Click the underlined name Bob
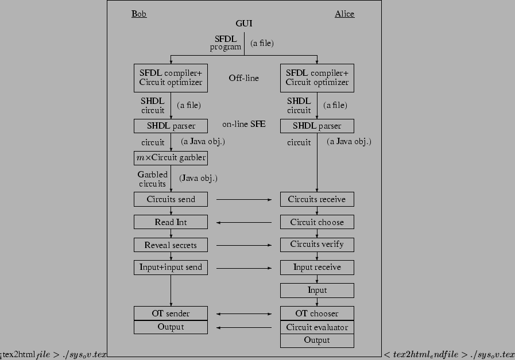(x=139, y=14)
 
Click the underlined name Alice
(x=344, y=14)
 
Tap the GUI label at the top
(x=244, y=24)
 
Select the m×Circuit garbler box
(x=171, y=158)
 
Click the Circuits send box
(x=171, y=199)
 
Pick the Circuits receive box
(x=317, y=199)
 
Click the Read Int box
(x=171, y=222)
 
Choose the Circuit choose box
(x=317, y=222)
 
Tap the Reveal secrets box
(x=171, y=245)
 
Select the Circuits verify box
(x=317, y=245)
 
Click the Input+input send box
(x=171, y=267)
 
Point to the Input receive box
(x=317, y=267)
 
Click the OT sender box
(x=171, y=313)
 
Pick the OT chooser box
(x=317, y=313)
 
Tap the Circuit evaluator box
(x=317, y=327)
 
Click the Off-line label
(x=243, y=78)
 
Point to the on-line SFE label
(x=243, y=124)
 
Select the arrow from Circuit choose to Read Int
(x=244, y=222)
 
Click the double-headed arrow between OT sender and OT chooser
(x=244, y=314)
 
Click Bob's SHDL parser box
(x=171, y=126)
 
